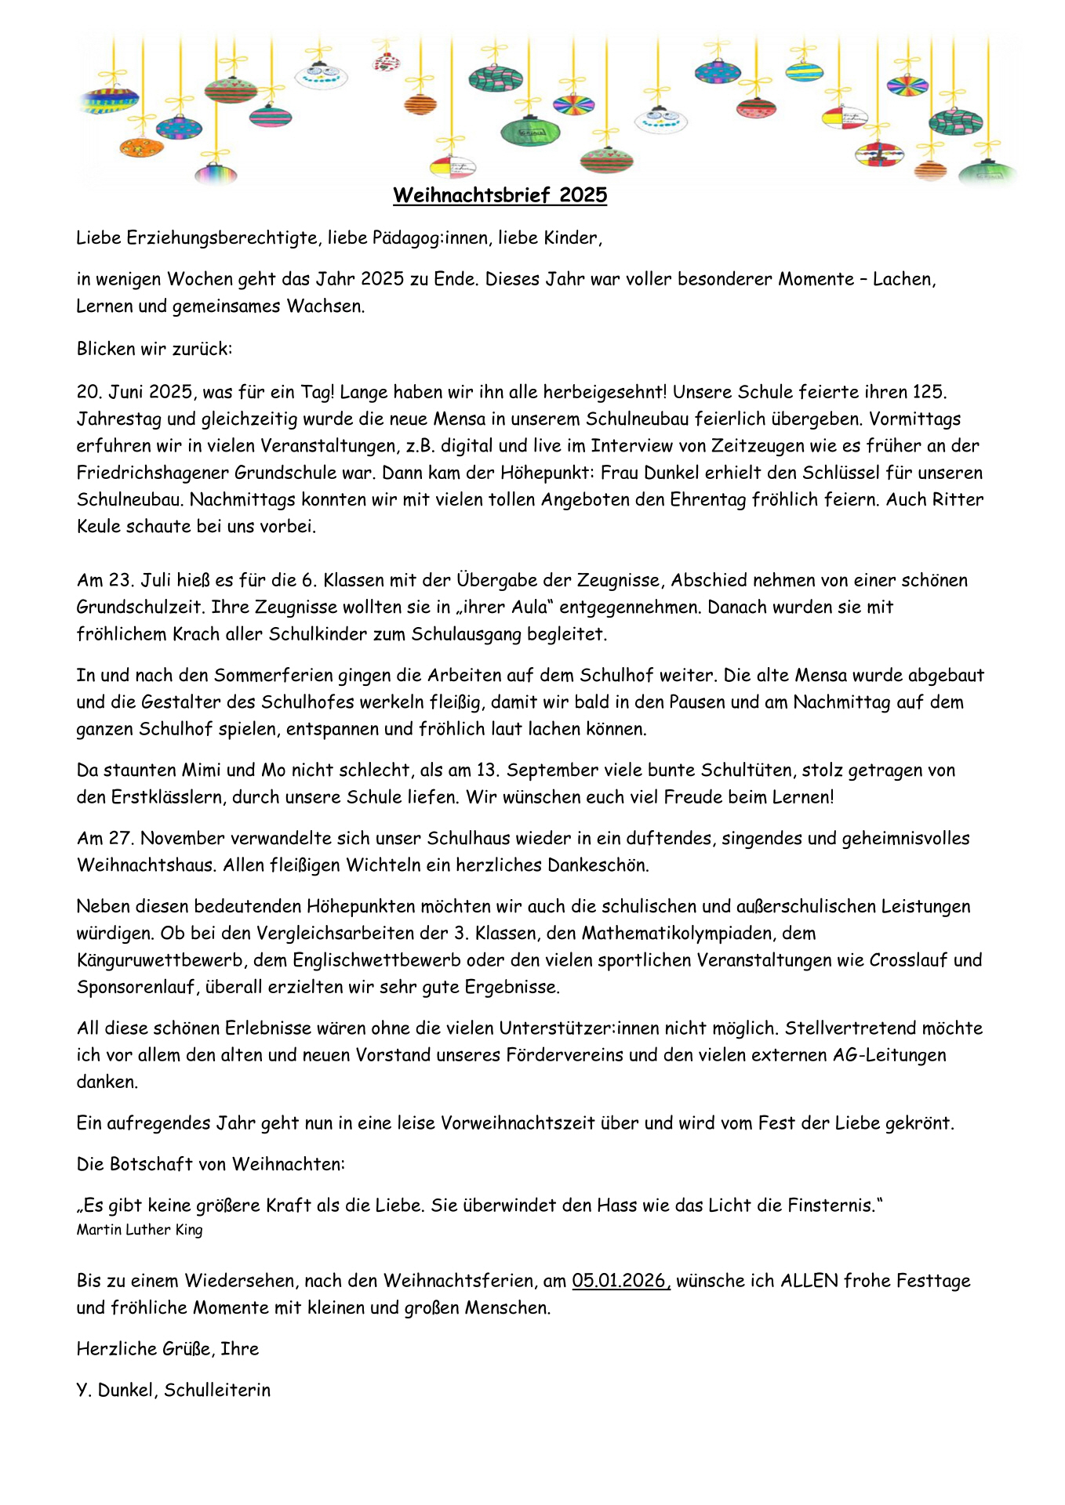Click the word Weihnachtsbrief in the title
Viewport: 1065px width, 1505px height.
[x=471, y=195]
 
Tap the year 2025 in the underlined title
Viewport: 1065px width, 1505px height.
[x=583, y=195]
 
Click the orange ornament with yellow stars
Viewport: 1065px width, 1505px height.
[x=141, y=147]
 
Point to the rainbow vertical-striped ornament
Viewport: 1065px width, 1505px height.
[x=215, y=172]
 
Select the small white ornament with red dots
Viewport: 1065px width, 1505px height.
[x=387, y=61]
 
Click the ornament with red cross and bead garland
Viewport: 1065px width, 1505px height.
[x=879, y=154]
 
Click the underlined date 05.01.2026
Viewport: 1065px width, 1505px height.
[x=620, y=1281]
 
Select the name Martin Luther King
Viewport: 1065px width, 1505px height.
[x=140, y=1230]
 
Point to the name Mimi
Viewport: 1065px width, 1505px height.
[x=202, y=770]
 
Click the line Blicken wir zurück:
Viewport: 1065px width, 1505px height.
[x=154, y=349]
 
